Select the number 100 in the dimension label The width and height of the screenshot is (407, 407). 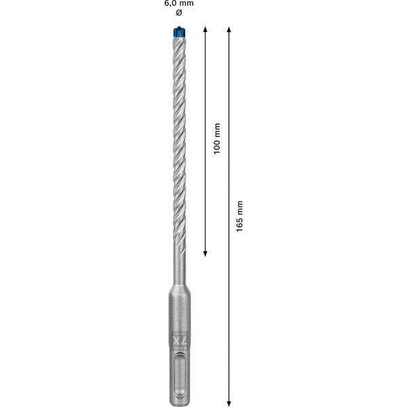pos(217,149)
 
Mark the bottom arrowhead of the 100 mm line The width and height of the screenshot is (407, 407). pos(206,254)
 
